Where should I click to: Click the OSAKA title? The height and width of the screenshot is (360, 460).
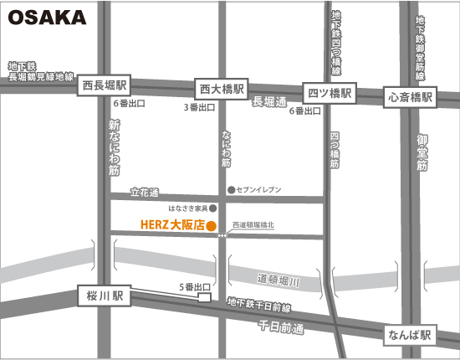pyautogui.click(x=47, y=18)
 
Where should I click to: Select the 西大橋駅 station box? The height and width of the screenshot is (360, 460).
pyautogui.click(x=221, y=88)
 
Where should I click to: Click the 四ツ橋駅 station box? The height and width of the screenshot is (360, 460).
pyautogui.click(x=330, y=94)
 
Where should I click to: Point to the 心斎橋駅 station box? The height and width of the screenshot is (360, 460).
pyautogui.click(x=411, y=97)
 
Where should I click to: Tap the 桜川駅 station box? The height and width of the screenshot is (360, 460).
pyautogui.click(x=105, y=296)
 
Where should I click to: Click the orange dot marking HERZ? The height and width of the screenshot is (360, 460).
pyautogui.click(x=212, y=226)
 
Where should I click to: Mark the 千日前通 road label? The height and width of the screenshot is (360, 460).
pyautogui.click(x=282, y=325)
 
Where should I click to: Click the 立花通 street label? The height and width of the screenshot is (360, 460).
pyautogui.click(x=145, y=192)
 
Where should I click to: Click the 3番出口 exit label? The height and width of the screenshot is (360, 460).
pyautogui.click(x=200, y=108)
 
